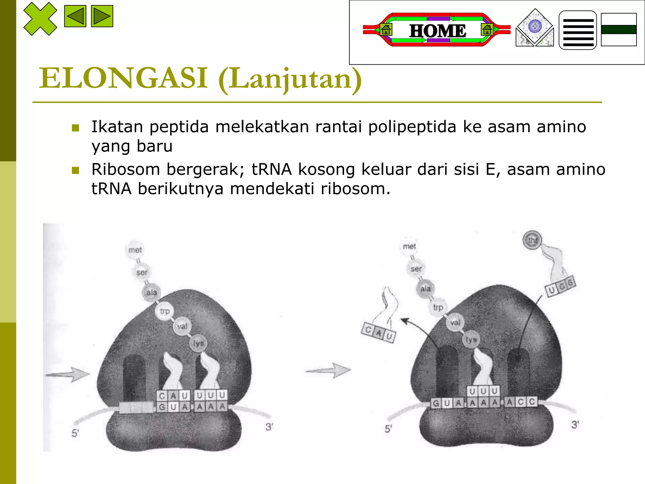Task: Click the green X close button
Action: [40, 19]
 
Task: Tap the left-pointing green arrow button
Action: [75, 16]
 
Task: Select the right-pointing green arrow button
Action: [102, 16]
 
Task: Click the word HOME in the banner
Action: [437, 31]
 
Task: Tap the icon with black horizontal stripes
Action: [578, 30]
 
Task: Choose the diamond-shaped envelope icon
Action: [535, 28]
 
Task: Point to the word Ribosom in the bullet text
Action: [126, 169]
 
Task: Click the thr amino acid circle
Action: [532, 240]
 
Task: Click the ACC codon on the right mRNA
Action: [521, 402]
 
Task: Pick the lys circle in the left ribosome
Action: [198, 343]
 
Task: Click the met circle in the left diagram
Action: [135, 250]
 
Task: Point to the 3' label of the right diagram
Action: [575, 425]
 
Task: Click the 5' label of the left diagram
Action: [75, 433]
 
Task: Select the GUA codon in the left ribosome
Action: [173, 407]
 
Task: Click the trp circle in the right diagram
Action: [438, 307]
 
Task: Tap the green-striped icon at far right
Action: [619, 30]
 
